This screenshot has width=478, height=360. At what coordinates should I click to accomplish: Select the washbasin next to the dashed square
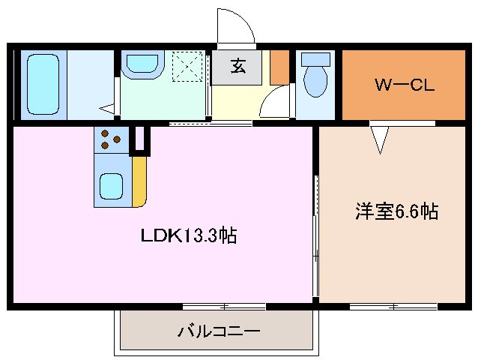coord(140,64)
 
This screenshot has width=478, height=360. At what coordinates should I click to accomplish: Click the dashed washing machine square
coord(187,65)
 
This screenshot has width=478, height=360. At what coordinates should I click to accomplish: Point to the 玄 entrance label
coord(237,66)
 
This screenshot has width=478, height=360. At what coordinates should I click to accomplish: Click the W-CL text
coord(404,84)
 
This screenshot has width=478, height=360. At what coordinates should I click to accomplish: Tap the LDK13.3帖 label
coord(189,236)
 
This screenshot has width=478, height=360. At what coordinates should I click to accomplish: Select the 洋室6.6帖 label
coord(396,212)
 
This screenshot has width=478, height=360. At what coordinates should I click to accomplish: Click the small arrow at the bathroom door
coord(109,106)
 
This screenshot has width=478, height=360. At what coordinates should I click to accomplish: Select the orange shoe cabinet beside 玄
coord(279,67)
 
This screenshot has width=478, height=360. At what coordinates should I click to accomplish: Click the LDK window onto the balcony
coord(224,306)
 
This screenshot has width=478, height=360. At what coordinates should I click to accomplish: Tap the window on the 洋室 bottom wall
coord(393,306)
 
